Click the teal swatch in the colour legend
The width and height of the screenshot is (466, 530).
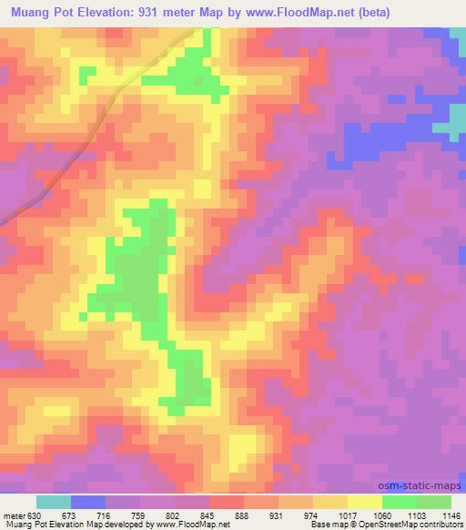coord(53,502)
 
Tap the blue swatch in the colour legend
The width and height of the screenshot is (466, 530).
coord(87,502)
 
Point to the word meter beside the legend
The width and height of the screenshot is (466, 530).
coord(14,515)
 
